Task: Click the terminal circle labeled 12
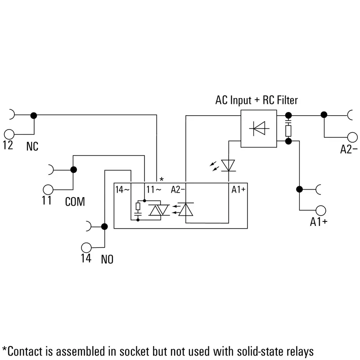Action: coord(9,134)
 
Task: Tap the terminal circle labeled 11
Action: coord(48,189)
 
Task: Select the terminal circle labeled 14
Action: coord(86,247)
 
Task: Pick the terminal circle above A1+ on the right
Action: coord(320,210)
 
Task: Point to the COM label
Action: coord(75,202)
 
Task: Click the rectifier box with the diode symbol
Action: coord(259,129)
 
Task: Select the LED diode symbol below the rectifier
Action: coord(231,165)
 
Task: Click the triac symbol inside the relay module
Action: coord(158,210)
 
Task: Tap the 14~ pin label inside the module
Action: coord(122,189)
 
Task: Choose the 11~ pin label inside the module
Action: coord(153,189)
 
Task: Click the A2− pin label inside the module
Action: coord(179,189)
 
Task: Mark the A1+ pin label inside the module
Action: coord(238,189)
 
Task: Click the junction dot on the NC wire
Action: coord(33,116)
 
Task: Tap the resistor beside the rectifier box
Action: coord(288,131)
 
